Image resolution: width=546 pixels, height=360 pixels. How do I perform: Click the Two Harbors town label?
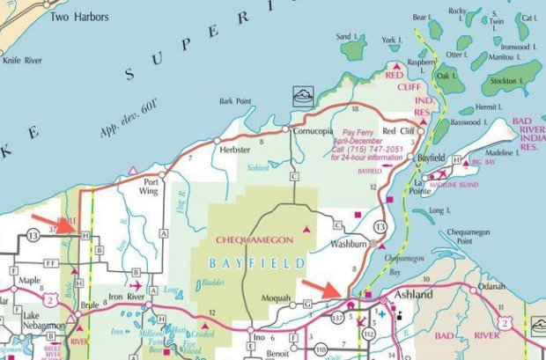(x=80, y=17)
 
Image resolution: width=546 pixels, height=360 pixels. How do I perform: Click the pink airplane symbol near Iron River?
(x=135, y=285)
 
